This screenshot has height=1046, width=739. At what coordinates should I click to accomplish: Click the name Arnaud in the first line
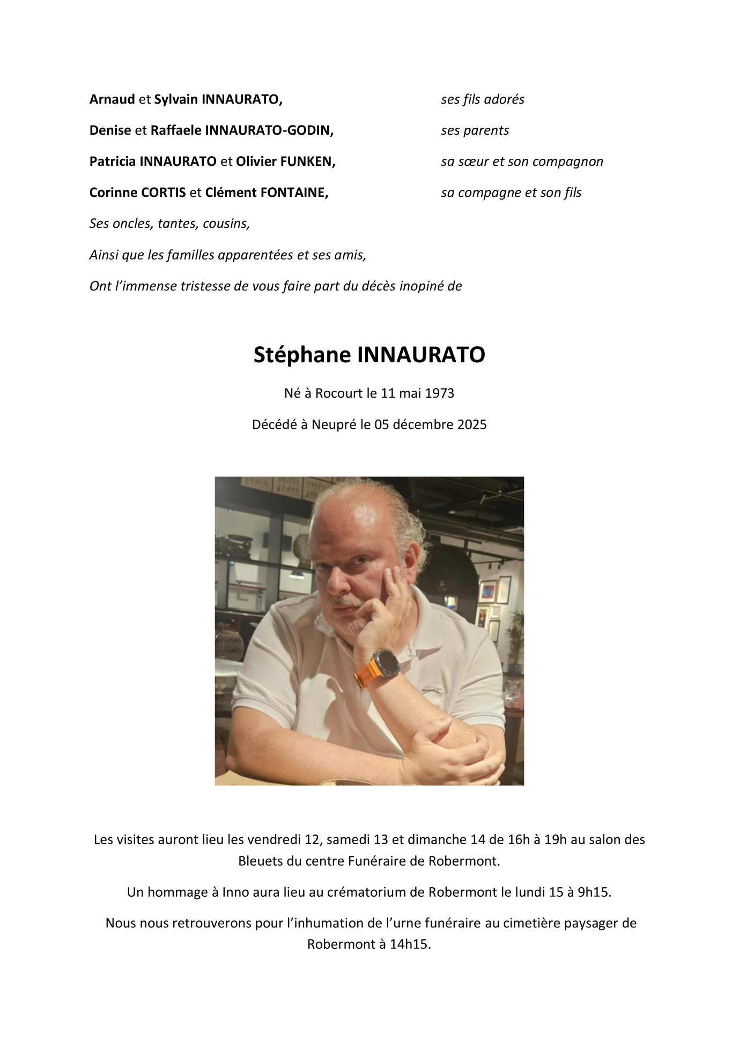[x=112, y=99]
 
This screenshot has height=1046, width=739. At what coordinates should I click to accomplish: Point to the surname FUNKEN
[x=308, y=162]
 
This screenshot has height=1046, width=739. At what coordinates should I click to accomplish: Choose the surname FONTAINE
[x=294, y=193]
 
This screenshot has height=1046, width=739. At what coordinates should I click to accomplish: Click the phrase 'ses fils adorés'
[x=483, y=99]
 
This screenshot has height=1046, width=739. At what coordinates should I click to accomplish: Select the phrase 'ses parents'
[x=475, y=130]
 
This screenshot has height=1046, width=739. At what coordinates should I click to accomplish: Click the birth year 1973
[x=439, y=393]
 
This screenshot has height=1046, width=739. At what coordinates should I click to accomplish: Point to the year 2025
[x=472, y=425]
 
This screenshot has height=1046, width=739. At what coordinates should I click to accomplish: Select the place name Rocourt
[x=339, y=393]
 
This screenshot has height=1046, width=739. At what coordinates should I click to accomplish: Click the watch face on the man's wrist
[x=387, y=663]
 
